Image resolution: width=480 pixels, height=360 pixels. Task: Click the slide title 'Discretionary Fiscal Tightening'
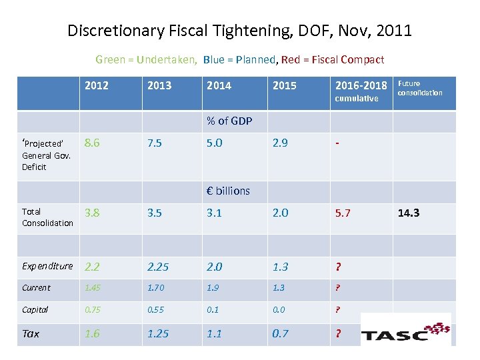coord(239,31)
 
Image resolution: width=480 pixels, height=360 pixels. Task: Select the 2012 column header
coord(97,85)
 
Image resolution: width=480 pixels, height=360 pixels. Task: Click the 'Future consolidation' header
coord(419,88)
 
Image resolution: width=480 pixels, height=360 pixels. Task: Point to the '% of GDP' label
coord(228,121)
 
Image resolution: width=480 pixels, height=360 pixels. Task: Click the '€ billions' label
coord(228,191)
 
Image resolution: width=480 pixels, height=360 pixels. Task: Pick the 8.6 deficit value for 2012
coord(93,143)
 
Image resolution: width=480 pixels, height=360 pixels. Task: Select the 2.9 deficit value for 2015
coord(281,143)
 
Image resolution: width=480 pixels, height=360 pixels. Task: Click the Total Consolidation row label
coord(47,217)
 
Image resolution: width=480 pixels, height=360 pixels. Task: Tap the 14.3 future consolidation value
coord(409,213)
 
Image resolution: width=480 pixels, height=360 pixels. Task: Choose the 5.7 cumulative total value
coord(343,213)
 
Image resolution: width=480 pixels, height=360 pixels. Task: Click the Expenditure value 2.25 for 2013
coord(159,267)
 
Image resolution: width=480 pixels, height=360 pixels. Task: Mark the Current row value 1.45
coord(94,288)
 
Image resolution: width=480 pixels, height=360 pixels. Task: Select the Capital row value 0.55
coord(157,309)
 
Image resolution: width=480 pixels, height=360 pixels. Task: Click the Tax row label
coord(31,333)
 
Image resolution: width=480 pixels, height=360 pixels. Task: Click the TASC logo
coord(405,330)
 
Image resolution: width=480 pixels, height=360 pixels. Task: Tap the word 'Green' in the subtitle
coord(110,60)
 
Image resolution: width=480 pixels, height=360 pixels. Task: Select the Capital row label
coord(35,309)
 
